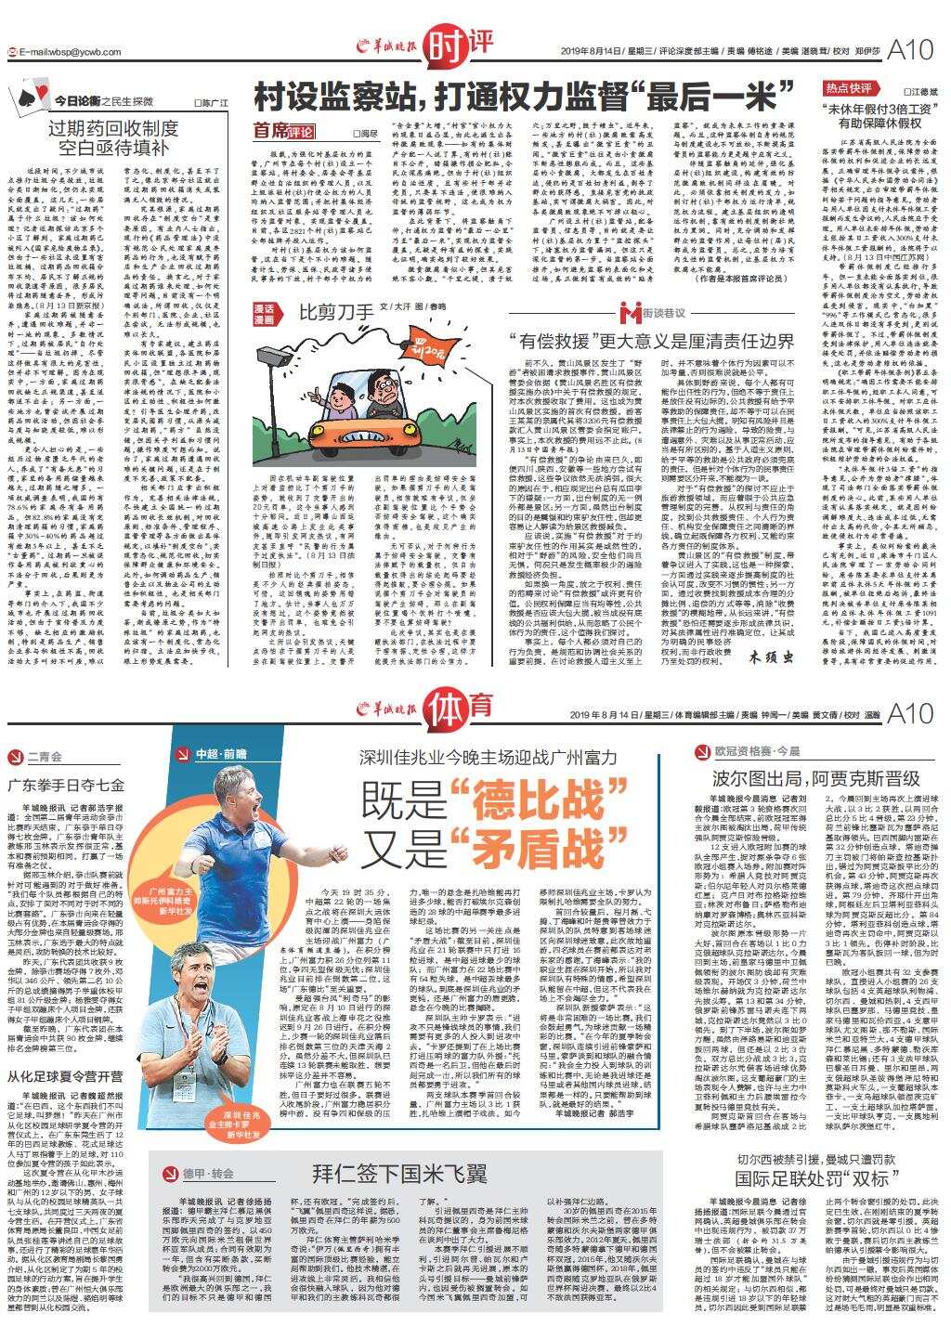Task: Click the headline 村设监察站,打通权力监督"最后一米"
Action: pyautogui.click(x=526, y=95)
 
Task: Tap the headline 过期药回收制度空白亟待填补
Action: pyautogui.click(x=112, y=138)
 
